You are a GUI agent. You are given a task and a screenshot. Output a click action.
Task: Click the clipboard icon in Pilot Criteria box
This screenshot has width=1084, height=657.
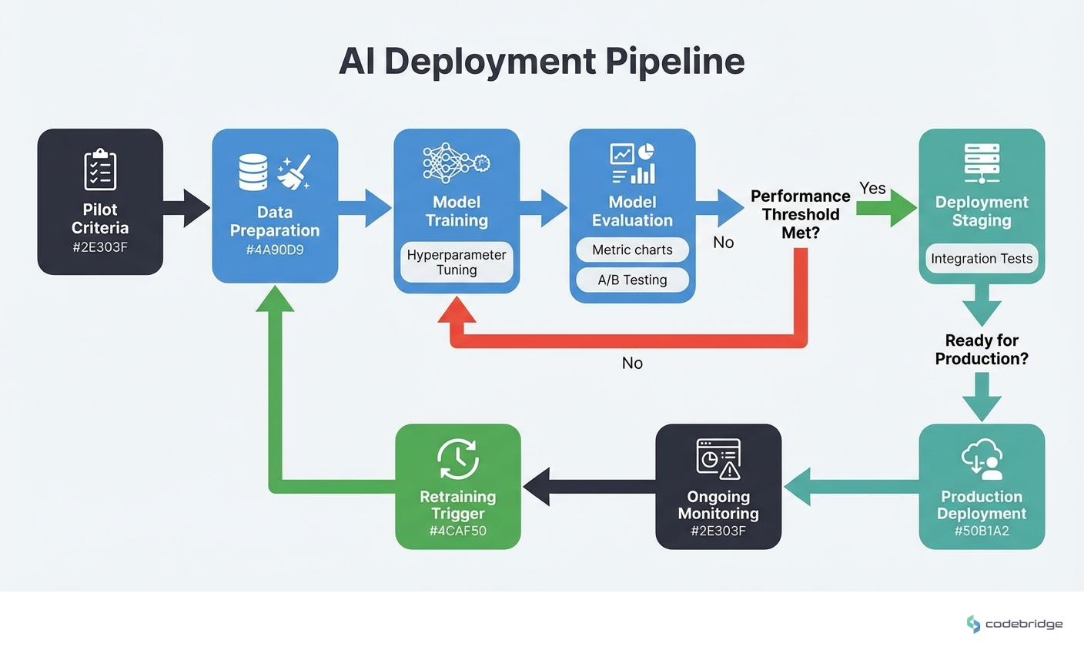pyautogui.click(x=100, y=169)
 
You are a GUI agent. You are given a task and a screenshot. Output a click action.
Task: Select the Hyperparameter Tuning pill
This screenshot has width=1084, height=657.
pyautogui.click(x=457, y=262)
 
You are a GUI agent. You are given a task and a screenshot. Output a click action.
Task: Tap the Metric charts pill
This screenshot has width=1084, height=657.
pyautogui.click(x=632, y=250)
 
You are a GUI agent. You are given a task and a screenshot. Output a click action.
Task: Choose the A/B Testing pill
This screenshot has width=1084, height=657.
pyautogui.click(x=632, y=280)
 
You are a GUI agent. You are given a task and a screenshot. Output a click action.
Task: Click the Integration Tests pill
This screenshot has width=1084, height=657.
pyautogui.click(x=981, y=259)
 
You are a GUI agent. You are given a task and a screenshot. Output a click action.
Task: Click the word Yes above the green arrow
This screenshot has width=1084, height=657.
pyautogui.click(x=872, y=188)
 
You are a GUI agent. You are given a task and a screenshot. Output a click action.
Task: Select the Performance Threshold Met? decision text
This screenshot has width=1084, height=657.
pyautogui.click(x=800, y=214)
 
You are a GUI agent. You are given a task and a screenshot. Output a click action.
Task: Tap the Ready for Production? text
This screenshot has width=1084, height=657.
pyautogui.click(x=981, y=349)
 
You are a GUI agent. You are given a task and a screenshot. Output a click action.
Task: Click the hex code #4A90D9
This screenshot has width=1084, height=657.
pyautogui.click(x=275, y=250)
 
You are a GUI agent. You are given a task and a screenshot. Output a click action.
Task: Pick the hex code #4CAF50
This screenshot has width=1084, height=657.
pyautogui.click(x=457, y=531)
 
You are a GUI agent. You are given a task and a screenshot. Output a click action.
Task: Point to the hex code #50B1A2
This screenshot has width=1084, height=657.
pyautogui.click(x=981, y=531)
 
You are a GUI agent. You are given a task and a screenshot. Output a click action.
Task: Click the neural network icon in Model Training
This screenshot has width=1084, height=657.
pyautogui.click(x=456, y=163)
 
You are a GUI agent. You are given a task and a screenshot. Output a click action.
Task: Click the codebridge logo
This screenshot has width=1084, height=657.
pyautogui.click(x=1014, y=624)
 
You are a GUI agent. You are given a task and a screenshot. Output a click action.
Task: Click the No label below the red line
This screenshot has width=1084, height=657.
pyautogui.click(x=632, y=363)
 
